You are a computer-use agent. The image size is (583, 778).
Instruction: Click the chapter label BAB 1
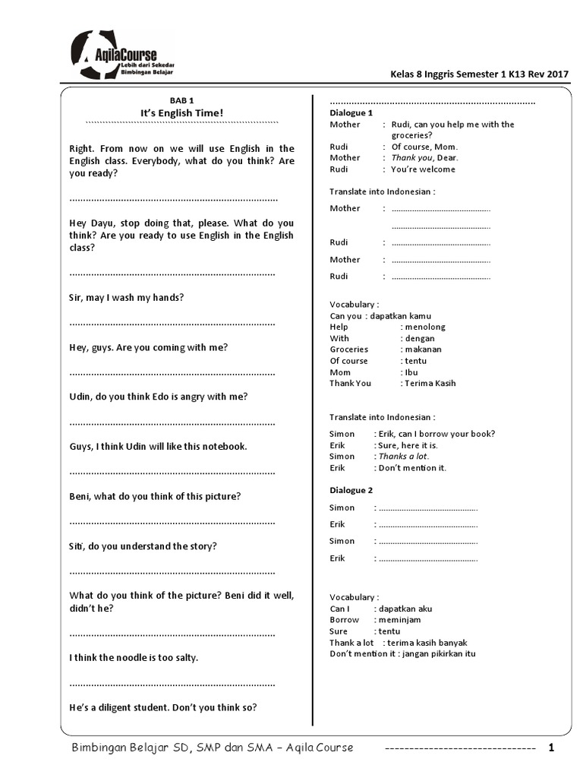(181, 100)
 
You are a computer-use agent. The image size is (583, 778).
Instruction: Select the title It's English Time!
(181, 113)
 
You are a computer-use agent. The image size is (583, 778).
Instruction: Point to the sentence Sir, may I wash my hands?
(126, 298)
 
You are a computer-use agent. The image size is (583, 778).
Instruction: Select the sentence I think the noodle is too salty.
(134, 657)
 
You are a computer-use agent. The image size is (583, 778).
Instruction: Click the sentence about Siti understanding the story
(143, 546)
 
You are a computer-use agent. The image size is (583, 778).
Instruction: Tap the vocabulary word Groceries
(349, 349)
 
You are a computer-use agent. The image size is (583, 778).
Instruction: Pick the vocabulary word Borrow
(345, 620)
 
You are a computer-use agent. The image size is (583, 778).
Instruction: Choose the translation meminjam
(401, 620)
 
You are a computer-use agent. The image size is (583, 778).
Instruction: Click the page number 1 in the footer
(552, 748)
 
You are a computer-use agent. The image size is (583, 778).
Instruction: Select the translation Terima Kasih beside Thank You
(430, 384)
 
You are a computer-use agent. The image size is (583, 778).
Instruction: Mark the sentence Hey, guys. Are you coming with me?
(148, 347)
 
